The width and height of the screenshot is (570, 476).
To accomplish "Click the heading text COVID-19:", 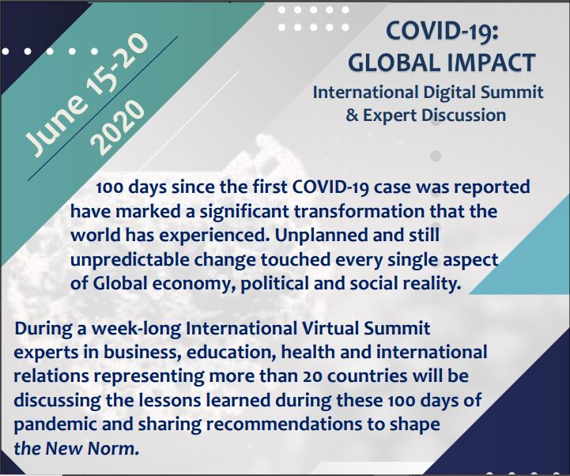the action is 441,32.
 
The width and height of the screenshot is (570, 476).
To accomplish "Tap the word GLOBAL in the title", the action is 394,62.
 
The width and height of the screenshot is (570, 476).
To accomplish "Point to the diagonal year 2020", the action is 116,127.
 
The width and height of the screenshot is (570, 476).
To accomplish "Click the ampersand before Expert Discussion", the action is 351,115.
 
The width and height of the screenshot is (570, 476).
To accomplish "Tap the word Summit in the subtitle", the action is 511,92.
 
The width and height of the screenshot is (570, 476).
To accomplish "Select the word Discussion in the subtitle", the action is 463,115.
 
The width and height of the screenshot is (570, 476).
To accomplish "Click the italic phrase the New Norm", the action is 77,448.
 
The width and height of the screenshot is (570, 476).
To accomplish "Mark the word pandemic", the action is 55,425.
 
